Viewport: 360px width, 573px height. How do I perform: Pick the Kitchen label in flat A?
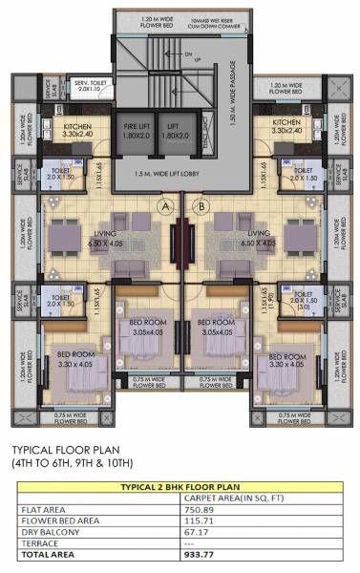tap(78, 129)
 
